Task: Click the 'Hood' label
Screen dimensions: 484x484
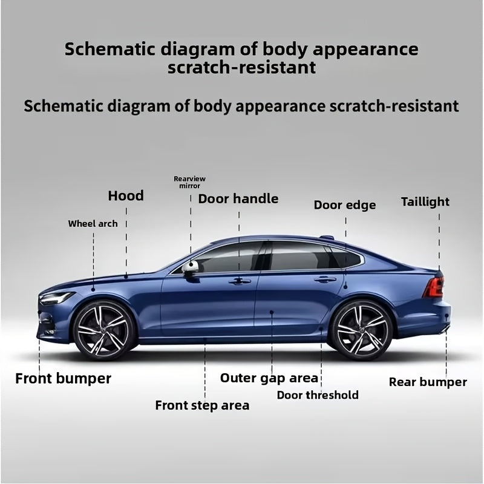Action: [126, 195]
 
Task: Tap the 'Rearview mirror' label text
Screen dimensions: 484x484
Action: [189, 182]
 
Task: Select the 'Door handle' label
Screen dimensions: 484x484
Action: [238, 199]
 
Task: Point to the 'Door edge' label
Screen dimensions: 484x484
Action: [345, 205]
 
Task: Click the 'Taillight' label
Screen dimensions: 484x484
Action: [425, 202]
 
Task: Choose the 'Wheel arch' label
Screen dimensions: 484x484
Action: [93, 223]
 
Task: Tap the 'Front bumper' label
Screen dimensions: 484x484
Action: [64, 379]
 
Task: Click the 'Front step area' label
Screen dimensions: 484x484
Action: [202, 405]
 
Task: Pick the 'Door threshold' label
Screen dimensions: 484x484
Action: [318, 395]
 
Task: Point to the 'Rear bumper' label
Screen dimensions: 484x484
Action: [428, 382]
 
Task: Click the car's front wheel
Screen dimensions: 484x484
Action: [103, 331]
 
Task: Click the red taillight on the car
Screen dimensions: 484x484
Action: [434, 286]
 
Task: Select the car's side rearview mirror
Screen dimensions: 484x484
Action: [190, 267]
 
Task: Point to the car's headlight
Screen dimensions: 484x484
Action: [57, 297]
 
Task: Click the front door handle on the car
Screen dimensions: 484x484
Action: [240, 281]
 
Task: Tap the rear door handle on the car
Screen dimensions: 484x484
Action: [325, 280]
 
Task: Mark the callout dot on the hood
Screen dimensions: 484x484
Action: [126, 277]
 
